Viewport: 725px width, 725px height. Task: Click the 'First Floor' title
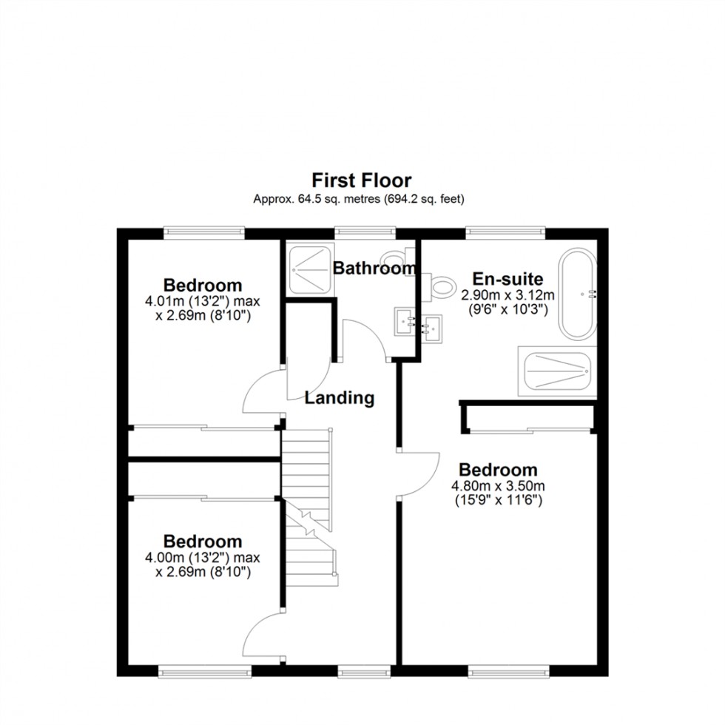click(x=361, y=180)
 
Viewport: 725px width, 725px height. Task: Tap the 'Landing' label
click(x=340, y=398)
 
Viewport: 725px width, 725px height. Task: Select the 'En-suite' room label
click(x=507, y=280)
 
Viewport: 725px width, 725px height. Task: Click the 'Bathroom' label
click(x=374, y=269)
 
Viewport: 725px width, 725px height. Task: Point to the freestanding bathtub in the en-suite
click(x=577, y=294)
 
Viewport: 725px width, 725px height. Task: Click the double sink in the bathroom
click(x=418, y=323)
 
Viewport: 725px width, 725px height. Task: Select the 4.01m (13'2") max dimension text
click(x=203, y=302)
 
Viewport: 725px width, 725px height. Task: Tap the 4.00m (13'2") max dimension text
click(x=203, y=558)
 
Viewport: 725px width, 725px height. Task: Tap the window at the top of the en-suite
click(x=507, y=232)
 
